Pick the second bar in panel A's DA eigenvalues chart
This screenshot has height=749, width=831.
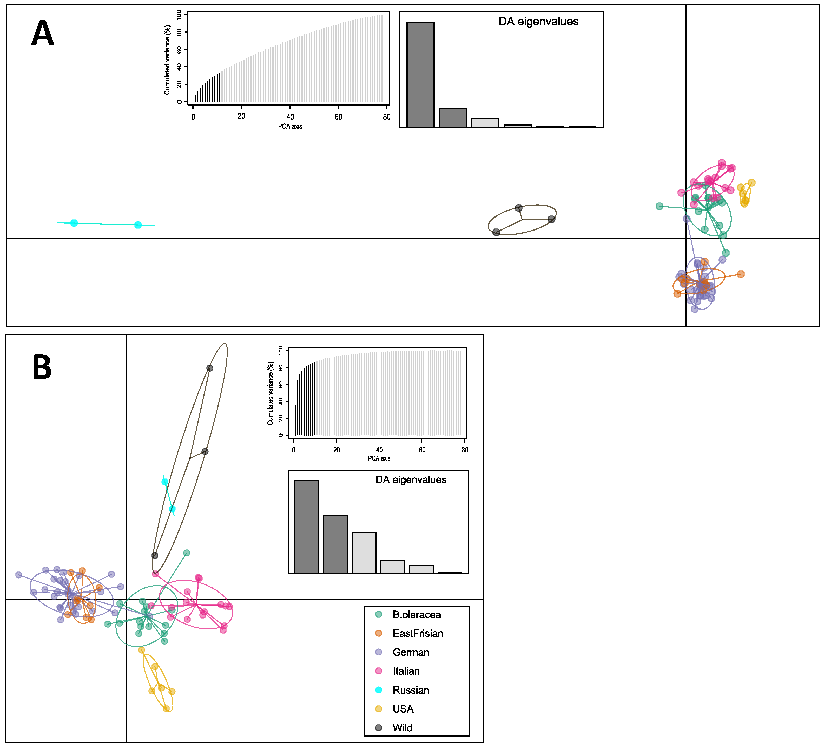click(x=452, y=118)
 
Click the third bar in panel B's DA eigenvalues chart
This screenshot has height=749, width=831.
click(x=364, y=553)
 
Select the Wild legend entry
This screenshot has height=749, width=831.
click(x=402, y=728)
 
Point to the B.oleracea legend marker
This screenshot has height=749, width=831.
click(x=379, y=614)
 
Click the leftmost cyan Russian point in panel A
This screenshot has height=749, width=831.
click(x=74, y=223)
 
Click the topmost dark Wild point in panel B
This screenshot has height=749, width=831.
click(x=210, y=368)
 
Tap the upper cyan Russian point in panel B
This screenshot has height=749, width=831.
click(x=164, y=482)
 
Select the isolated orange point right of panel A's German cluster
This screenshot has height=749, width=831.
click(x=741, y=274)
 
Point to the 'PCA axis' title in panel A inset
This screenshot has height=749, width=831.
click(x=290, y=126)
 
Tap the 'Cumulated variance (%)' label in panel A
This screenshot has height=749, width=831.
click(x=167, y=60)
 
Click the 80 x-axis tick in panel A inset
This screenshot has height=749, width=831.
click(x=386, y=117)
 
